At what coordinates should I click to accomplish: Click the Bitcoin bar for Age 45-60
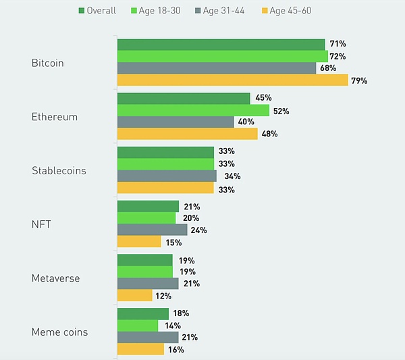click(x=232, y=80)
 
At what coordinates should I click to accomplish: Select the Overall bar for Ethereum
click(x=184, y=99)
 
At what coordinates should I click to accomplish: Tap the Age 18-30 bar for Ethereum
click(x=193, y=110)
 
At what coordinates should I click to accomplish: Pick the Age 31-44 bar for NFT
click(x=152, y=230)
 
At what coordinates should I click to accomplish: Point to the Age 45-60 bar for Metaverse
click(x=134, y=296)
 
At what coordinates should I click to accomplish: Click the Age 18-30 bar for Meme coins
click(x=138, y=326)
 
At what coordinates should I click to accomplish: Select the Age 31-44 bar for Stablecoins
click(x=167, y=176)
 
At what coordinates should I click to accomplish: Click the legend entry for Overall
click(x=97, y=10)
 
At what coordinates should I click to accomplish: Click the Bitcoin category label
click(x=48, y=63)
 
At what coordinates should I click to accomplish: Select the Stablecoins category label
click(x=59, y=171)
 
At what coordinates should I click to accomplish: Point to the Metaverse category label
click(x=55, y=278)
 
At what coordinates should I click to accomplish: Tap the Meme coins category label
click(x=59, y=332)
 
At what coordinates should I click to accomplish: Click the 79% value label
click(x=359, y=81)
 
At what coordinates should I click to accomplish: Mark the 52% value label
click(x=281, y=111)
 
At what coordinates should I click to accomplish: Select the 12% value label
click(x=163, y=296)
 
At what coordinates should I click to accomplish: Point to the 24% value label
click(x=198, y=230)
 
